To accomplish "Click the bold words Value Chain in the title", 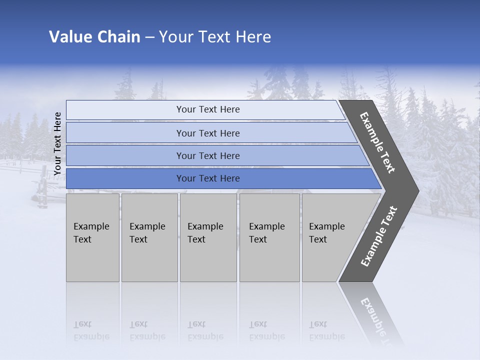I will [94, 37].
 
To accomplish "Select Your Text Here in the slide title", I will [215, 37].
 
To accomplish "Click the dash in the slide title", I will [149, 37].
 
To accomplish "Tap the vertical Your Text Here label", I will [57, 143].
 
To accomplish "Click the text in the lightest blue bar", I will [208, 109].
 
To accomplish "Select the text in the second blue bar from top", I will [208, 133].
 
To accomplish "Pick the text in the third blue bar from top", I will [208, 156].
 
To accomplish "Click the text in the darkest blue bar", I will [208, 178].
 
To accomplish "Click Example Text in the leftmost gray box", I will [91, 233].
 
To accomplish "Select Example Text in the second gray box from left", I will [147, 233].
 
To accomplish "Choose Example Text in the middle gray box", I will [205, 233].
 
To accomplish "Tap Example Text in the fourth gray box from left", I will [266, 233].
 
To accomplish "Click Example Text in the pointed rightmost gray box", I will [326, 233].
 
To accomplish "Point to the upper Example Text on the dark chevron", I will [377, 142].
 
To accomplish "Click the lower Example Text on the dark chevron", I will [379, 236].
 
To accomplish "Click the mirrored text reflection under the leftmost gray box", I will [91, 331].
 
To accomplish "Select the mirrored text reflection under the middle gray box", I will [205, 331].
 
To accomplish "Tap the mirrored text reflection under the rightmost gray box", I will [326, 331].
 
